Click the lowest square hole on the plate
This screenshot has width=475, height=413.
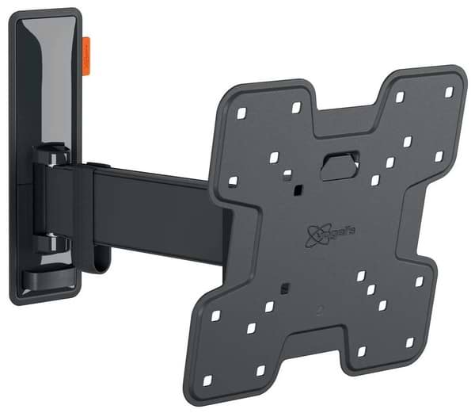[x=260, y=370]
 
